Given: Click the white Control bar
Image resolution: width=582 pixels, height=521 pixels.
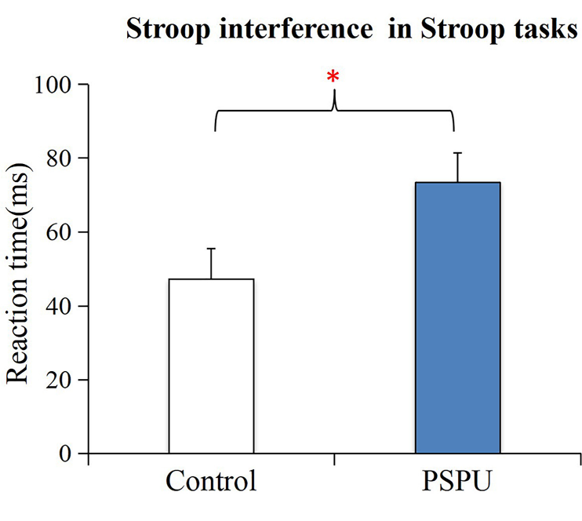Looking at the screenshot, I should click(211, 366).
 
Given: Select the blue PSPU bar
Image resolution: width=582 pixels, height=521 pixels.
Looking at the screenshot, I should click(457, 318).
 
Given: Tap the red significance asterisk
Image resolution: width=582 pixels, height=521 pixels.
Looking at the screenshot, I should click(333, 77).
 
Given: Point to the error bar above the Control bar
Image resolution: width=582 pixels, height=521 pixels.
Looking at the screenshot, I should click(211, 263).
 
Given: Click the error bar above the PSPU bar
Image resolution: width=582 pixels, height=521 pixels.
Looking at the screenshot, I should click(457, 167).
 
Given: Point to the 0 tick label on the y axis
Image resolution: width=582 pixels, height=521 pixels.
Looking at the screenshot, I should click(62, 454).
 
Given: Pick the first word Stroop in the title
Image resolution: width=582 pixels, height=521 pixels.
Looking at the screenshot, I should click(161, 31).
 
